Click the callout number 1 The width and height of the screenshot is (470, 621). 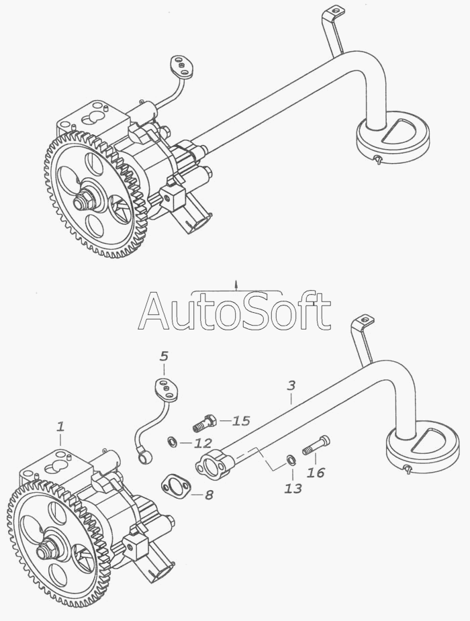pyautogui.click(x=60, y=426)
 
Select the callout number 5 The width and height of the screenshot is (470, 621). pyautogui.click(x=164, y=355)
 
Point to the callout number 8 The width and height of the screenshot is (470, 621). pyautogui.click(x=209, y=495)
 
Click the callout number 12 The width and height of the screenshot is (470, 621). pyautogui.click(x=203, y=443)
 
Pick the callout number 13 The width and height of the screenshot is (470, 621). pyautogui.click(x=293, y=488)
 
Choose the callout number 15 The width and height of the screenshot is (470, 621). pyautogui.click(x=240, y=421)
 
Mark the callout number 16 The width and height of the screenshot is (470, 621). pyautogui.click(x=315, y=473)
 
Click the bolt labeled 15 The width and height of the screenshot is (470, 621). pyautogui.click(x=203, y=424)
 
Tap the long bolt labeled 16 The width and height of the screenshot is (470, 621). pyautogui.click(x=316, y=445)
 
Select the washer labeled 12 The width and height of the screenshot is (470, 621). pyautogui.click(x=172, y=441)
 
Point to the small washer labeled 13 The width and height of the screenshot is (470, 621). pyautogui.click(x=291, y=459)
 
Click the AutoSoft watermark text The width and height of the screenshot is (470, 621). pyautogui.click(x=234, y=312)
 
